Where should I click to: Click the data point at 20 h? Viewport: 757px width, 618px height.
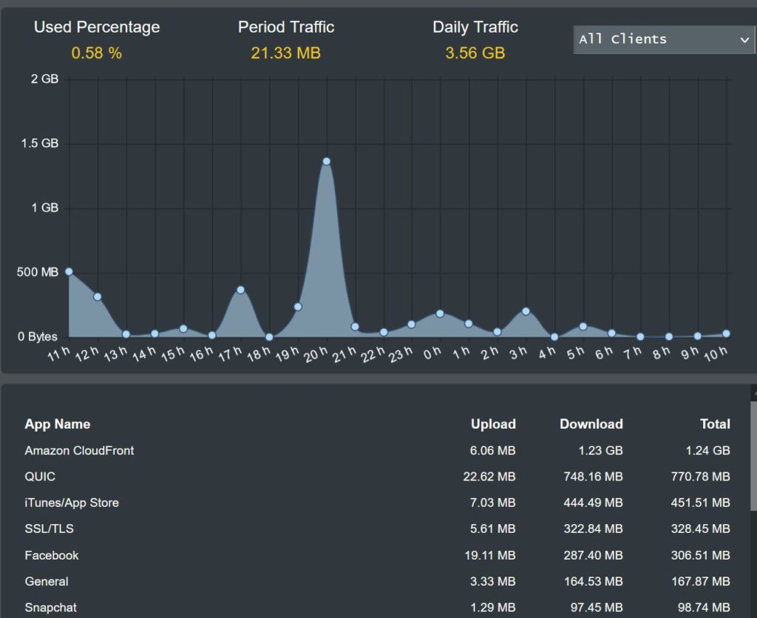coord(326,161)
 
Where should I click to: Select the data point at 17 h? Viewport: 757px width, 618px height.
coord(240,290)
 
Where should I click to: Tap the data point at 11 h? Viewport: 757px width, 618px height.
coord(69,271)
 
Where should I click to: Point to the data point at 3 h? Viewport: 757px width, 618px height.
coord(526,311)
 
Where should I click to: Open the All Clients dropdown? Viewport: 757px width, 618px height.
coord(664,39)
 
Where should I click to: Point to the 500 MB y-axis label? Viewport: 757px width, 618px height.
coord(38,272)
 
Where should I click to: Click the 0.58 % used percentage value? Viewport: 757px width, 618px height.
coord(97,53)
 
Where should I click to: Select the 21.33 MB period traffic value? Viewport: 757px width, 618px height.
coord(285,53)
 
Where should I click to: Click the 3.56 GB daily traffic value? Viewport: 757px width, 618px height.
coord(475,53)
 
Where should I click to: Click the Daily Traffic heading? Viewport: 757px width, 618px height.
coord(475,27)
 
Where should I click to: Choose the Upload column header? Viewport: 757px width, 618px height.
coord(493,424)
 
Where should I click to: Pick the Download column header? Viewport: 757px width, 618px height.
coord(591,424)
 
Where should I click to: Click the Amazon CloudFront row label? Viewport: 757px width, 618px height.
coord(79,450)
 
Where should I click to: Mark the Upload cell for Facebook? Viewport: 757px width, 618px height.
coord(493,555)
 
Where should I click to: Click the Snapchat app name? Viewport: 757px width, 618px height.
coord(50,608)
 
